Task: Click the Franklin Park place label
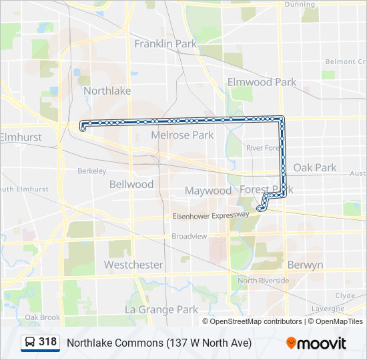point(165,44)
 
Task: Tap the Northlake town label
point(107,91)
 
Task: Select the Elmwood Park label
point(262,82)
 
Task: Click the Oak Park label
point(315,167)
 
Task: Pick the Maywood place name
point(208,191)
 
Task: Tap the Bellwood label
point(131,184)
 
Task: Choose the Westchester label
point(133,265)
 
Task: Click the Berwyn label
point(305,265)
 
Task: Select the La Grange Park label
point(161,309)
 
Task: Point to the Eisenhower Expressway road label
point(211,216)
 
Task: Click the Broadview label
point(190,236)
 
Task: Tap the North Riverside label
point(264,281)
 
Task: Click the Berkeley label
point(92,171)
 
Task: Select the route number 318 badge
point(47,342)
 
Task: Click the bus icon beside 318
point(30,343)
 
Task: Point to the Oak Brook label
point(43,317)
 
